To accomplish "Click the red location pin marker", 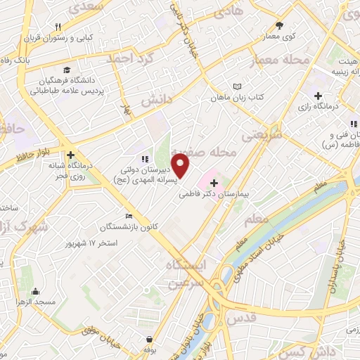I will [181, 166].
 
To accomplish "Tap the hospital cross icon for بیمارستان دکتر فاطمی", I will [214, 182].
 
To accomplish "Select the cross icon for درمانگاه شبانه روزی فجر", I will [70, 155].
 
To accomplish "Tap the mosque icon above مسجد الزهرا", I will [36, 292].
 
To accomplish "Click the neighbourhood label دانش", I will [156, 101].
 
